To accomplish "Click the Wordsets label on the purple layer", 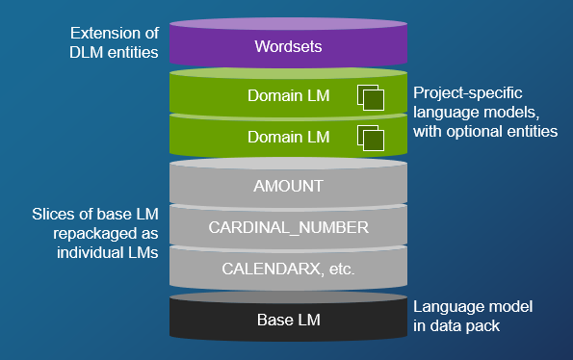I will click(x=286, y=46).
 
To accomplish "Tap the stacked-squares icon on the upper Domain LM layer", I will click(x=371, y=97).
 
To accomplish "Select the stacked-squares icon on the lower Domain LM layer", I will click(x=371, y=138).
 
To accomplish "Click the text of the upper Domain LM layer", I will click(x=286, y=97).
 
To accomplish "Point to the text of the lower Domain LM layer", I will click(x=286, y=138).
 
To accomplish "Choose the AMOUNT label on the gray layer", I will click(x=286, y=186).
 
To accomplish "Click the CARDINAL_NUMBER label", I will click(x=286, y=227).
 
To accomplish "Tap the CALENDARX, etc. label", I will click(x=286, y=269).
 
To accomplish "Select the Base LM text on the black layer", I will click(x=286, y=319).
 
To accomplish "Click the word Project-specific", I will click(x=468, y=93).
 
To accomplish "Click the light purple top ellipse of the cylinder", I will click(x=286, y=22).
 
